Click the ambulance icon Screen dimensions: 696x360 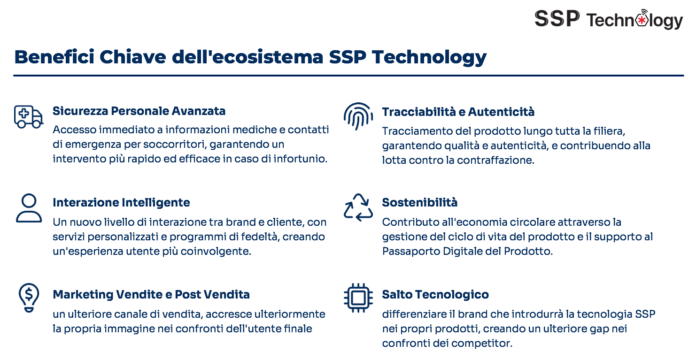28,117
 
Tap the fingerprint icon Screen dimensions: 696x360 358,116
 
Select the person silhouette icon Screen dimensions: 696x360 29,208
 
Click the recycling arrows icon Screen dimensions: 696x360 358,207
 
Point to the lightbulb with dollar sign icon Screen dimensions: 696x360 29,298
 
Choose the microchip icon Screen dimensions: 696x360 358,298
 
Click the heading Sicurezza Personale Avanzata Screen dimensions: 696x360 139,111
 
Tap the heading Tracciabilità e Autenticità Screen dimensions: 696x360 458,112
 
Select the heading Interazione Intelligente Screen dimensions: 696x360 121,202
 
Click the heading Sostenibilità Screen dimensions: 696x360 419,202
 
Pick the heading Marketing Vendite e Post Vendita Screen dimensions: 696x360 151,294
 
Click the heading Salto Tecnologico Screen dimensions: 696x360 435,294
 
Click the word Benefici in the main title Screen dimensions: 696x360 54,57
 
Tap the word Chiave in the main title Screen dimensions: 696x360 133,57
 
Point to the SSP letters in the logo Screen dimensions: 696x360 557,18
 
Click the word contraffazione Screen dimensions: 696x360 495,160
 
